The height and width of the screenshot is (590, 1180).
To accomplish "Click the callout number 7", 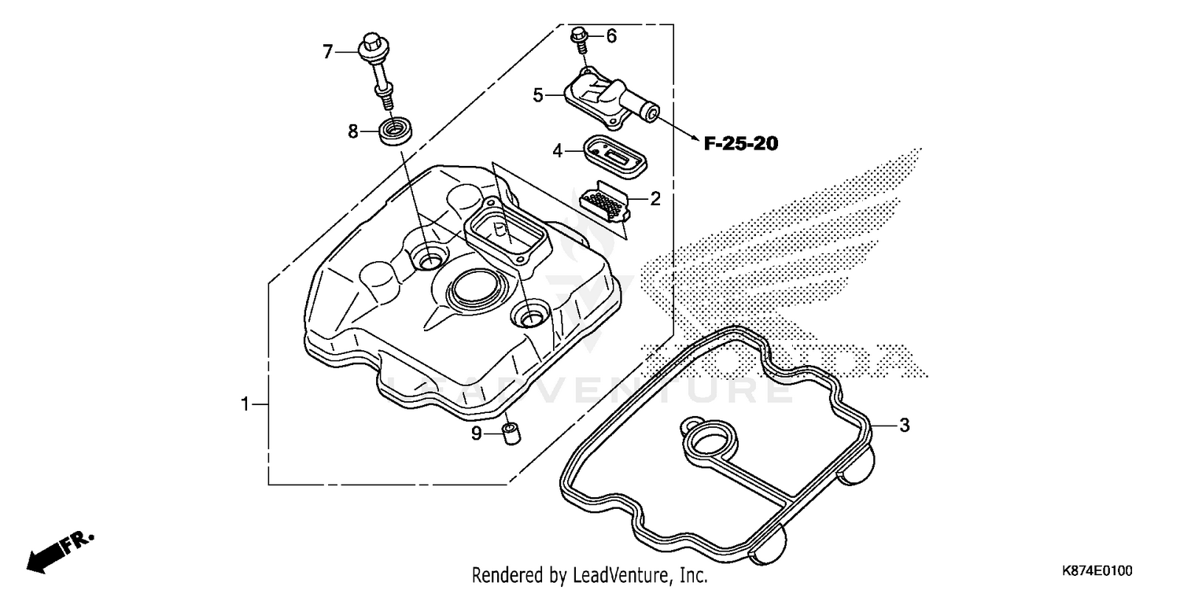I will point(328,53).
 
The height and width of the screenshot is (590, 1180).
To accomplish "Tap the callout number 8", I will point(353,131).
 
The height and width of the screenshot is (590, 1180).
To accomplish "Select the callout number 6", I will point(610,36).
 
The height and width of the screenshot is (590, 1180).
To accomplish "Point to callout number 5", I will point(538,96).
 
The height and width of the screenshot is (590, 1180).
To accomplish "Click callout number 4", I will point(557,150).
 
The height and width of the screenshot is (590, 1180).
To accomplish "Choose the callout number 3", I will point(904,426).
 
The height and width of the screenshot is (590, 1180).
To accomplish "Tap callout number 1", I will point(245,404).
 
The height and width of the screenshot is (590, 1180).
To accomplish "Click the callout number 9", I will point(477,433).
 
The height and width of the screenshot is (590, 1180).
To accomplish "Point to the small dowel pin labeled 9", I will point(510,433).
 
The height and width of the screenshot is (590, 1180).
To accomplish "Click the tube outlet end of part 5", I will point(651,113).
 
